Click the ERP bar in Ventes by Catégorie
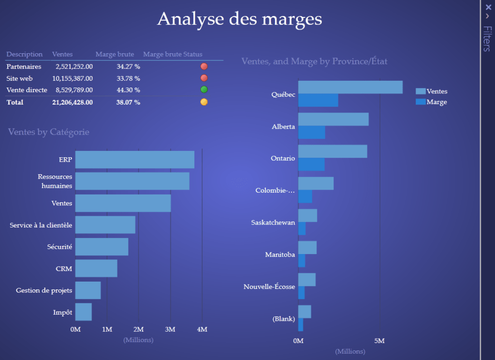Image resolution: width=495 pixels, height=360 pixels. tap(134, 160)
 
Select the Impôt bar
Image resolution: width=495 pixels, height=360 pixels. tap(84, 312)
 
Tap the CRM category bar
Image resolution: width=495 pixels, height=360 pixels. tap(96, 269)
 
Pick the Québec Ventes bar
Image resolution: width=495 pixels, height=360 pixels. tap(350, 87)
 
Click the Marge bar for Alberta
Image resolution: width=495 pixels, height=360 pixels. tap(311, 133)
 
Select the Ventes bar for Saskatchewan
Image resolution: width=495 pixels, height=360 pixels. tap(307, 215)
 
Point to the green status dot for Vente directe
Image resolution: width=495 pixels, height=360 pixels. tap(204, 90)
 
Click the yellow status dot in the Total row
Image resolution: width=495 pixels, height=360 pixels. tap(204, 102)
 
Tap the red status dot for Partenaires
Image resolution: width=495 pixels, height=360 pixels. tap(204, 66)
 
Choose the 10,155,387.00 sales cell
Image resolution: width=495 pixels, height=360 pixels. tap(73, 78)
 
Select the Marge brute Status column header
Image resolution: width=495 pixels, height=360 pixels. tap(173, 54)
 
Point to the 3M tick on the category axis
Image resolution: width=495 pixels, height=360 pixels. tap(170, 330)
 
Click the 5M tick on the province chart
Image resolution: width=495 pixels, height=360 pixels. tap(380, 341)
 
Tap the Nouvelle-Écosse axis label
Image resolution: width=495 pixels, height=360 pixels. tap(269, 287)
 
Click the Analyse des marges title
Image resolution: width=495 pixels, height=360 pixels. tap(239, 19)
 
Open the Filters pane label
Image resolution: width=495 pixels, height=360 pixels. tap(487, 39)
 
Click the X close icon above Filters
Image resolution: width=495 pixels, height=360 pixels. tap(487, 7)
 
